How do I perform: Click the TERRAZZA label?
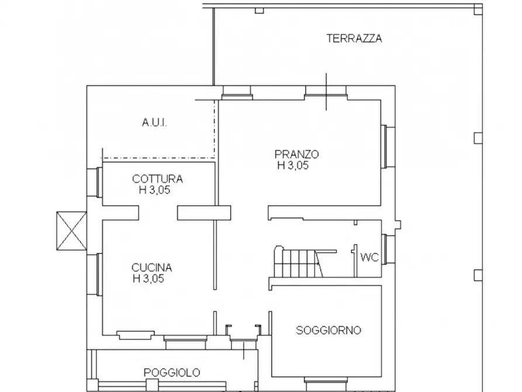click(354, 39)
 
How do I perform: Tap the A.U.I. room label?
click(154, 123)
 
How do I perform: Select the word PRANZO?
click(296, 154)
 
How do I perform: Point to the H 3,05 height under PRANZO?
click(293, 166)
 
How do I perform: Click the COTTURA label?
click(157, 179)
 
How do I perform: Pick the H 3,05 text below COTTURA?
click(154, 190)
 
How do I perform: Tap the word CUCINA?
click(151, 267)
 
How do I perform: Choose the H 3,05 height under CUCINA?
click(148, 278)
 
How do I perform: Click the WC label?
click(368, 257)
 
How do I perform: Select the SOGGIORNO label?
click(329, 330)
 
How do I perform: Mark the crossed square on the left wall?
click(71, 231)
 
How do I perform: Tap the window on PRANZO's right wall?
click(386, 146)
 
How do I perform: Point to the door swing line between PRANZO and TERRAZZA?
click(327, 91)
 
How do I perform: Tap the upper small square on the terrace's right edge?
click(478, 137)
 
